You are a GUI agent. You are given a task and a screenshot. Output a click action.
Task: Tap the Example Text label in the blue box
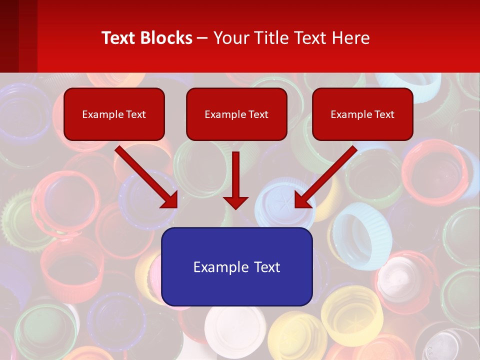pos(236,267)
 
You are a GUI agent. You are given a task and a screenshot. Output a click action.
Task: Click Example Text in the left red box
pos(114,114)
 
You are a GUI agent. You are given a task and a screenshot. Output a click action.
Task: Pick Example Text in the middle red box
pos(236,114)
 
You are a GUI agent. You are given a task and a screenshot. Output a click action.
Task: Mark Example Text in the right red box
pos(362,114)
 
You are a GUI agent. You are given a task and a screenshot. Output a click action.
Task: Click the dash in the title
pos(203,38)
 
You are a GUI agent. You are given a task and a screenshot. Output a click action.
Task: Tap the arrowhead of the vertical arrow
pos(236,202)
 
